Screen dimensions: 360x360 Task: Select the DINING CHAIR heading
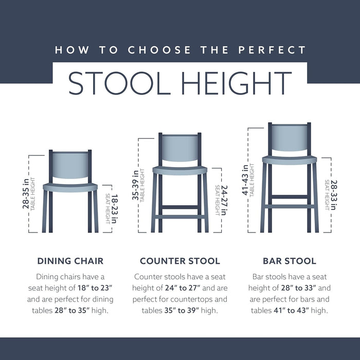(x=70, y=261)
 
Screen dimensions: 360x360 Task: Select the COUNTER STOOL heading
(x=180, y=261)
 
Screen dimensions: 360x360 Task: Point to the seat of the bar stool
(x=290, y=160)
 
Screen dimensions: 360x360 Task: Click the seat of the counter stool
(x=180, y=170)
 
